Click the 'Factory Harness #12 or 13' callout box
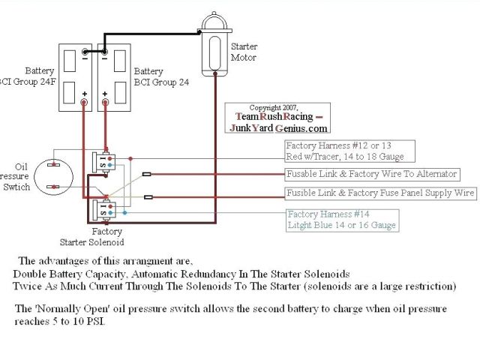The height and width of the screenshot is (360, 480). (343, 151)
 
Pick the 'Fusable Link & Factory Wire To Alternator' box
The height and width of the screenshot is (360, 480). (371, 174)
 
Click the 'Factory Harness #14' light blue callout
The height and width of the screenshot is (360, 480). (341, 220)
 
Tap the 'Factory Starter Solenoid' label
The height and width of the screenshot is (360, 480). (93, 237)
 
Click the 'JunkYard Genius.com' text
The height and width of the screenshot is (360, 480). (278, 127)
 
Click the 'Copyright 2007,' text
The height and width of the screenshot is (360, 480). (274, 108)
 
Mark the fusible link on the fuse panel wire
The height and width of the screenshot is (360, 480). (148, 197)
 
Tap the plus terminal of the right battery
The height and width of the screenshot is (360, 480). (105, 98)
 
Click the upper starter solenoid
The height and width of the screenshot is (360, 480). (103, 160)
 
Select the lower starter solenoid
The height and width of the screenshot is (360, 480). (103, 208)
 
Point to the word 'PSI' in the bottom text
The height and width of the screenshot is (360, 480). (116, 320)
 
